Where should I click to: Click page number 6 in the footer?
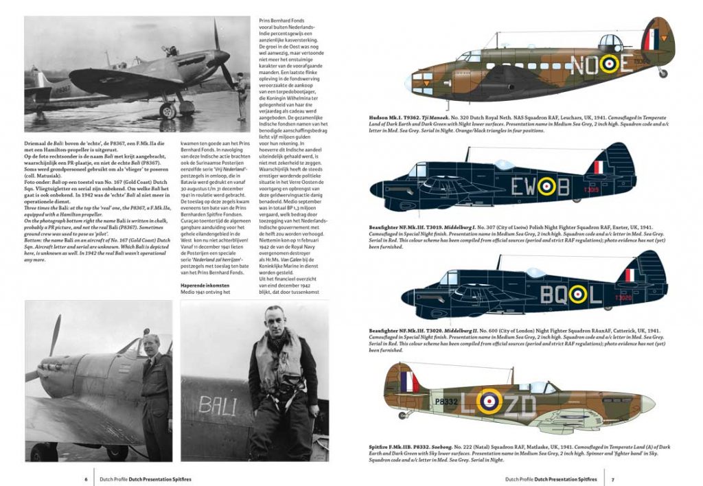pyautogui.click(x=85, y=478)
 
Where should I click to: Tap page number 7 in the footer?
pyautogui.click(x=612, y=478)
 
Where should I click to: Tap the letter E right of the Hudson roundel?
pyautogui.click(x=625, y=64)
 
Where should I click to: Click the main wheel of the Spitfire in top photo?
pyautogui.click(x=168, y=111)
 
